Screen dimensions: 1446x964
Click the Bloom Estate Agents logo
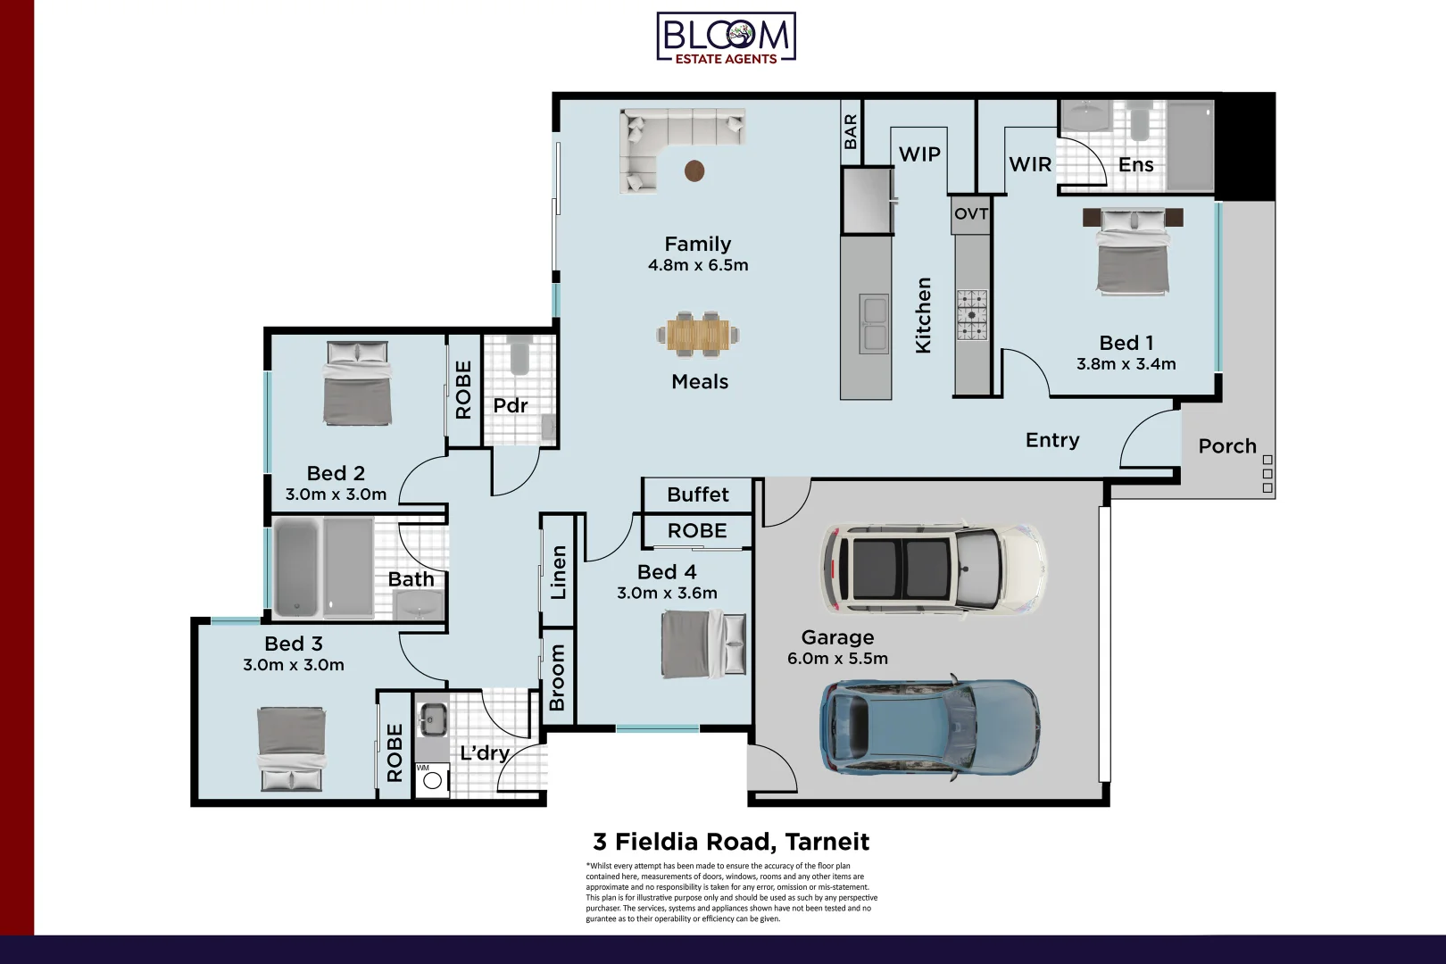coord(727,38)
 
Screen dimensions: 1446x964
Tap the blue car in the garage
coord(930,727)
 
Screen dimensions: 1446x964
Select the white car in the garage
coord(934,569)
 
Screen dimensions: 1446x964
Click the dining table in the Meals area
coord(698,335)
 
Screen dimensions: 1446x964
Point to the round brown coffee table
coord(694,171)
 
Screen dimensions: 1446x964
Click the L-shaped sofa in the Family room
coord(677,147)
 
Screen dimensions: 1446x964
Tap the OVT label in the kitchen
coord(971,213)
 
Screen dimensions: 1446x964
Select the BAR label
coord(851,131)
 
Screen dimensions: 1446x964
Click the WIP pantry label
coord(919,154)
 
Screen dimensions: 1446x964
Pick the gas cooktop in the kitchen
coord(971,315)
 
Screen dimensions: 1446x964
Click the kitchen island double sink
coord(874,324)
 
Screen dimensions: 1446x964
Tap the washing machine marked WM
coord(432,780)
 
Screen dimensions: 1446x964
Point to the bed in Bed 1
coord(1133,251)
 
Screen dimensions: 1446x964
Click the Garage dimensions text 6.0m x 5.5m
coord(837,659)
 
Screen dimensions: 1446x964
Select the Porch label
coord(1227,446)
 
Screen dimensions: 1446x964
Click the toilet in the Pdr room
coord(519,354)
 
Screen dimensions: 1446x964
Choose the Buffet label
coord(698,494)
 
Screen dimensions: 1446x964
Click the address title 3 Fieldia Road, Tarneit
coord(731,842)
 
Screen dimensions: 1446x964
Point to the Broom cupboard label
coord(557,677)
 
